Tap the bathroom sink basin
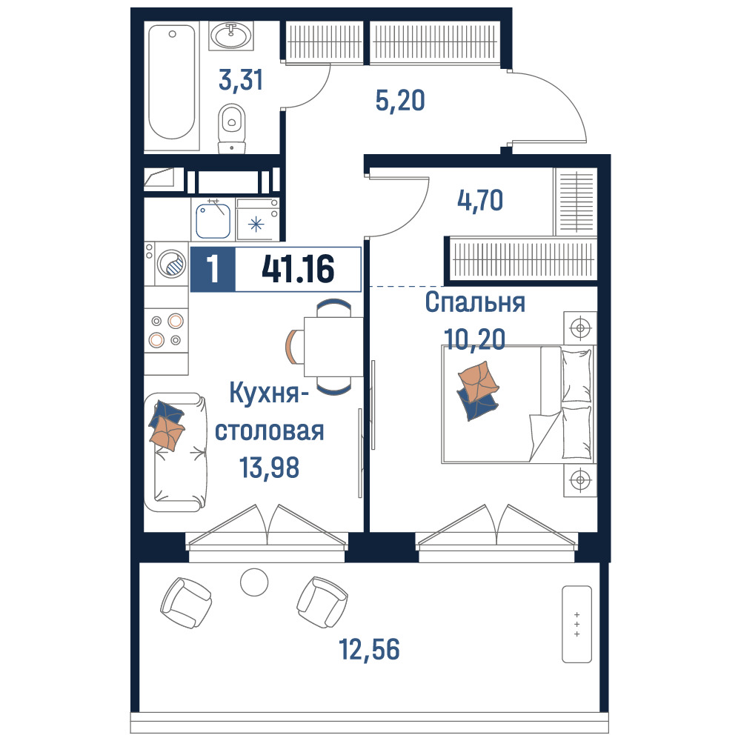point(231,35)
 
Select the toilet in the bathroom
point(231,128)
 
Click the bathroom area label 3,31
point(241,79)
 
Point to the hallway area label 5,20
point(400,100)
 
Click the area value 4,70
point(479,200)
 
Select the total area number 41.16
point(298,268)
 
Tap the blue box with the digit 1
point(213,269)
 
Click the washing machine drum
point(172,263)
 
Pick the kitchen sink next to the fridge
point(213,221)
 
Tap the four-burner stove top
point(166,330)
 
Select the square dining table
point(333,347)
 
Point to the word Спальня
point(475,302)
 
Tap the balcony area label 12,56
point(369,649)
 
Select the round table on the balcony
point(254,582)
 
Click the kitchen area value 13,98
point(270,468)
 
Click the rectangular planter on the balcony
point(576,624)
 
